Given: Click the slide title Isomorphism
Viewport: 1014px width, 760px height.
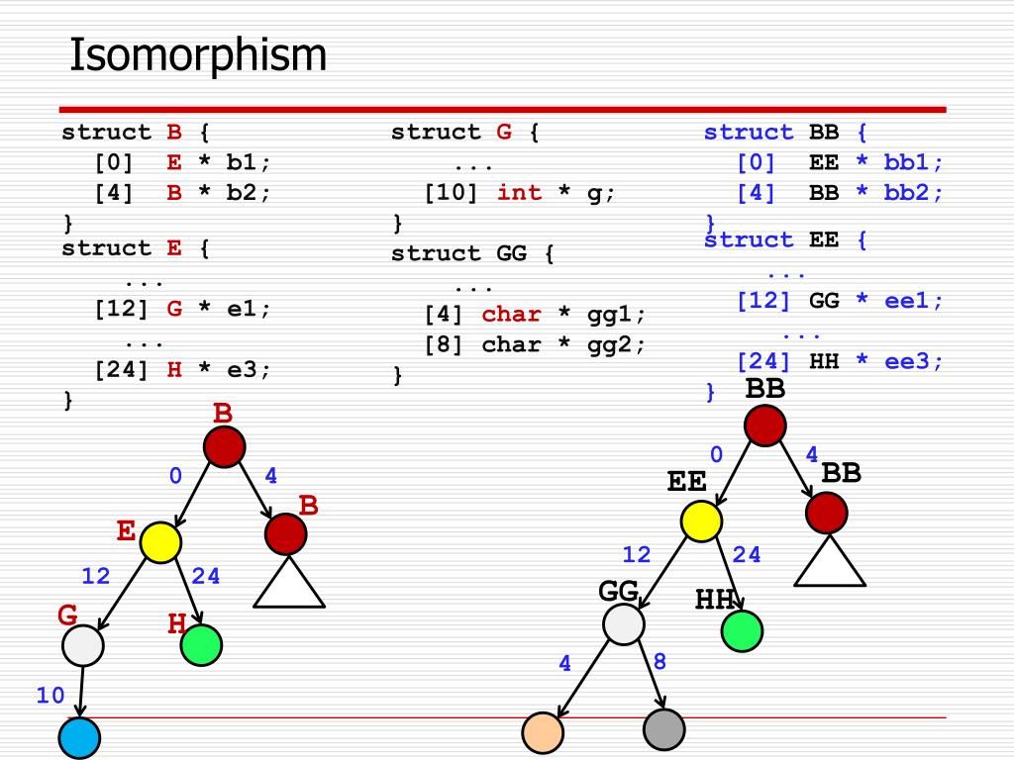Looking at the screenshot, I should tap(198, 55).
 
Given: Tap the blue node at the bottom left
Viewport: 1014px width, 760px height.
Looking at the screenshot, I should tap(80, 738).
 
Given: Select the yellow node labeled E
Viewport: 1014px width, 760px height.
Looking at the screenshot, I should tap(160, 542).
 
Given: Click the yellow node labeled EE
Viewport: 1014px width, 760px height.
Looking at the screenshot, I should tap(701, 522).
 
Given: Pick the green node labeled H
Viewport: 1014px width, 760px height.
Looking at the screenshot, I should tap(201, 645).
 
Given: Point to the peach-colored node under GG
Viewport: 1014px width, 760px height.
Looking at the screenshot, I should tap(543, 732).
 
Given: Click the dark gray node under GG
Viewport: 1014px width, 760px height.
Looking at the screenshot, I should tap(663, 730).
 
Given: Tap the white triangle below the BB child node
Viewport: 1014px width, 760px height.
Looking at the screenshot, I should tap(831, 563).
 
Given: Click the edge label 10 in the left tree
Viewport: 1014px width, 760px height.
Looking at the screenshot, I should tap(51, 696).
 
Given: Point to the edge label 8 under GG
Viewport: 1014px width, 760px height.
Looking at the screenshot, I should tap(659, 662).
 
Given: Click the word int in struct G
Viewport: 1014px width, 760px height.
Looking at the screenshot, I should tap(519, 193).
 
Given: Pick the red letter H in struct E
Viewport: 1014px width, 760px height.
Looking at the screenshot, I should tap(174, 369).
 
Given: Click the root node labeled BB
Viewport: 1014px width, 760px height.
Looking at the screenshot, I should tap(764, 426).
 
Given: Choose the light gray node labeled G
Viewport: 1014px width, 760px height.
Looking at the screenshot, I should tap(82, 646).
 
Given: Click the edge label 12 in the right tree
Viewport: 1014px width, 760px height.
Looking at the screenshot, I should tap(637, 555).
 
